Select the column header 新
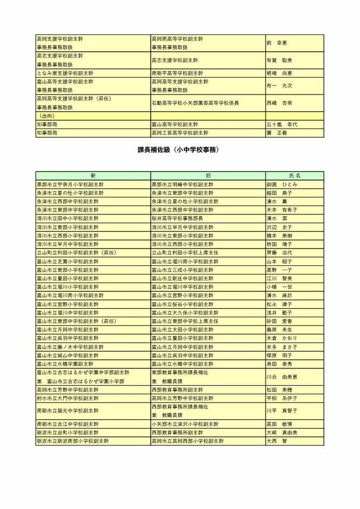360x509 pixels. click(x=93, y=175)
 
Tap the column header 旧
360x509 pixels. click(x=208, y=175)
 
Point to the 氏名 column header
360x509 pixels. click(x=294, y=175)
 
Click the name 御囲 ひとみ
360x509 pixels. click(x=282, y=184)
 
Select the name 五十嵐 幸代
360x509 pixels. click(x=282, y=124)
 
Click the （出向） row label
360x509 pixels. click(x=47, y=115)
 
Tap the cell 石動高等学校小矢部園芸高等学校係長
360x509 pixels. click(x=195, y=103)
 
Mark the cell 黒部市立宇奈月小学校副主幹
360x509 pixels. click(x=70, y=184)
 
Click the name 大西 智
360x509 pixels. click(x=277, y=441)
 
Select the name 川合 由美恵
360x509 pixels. click(x=282, y=377)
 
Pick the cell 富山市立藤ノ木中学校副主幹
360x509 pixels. click(x=68, y=346)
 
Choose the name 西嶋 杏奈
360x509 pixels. click(x=278, y=103)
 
